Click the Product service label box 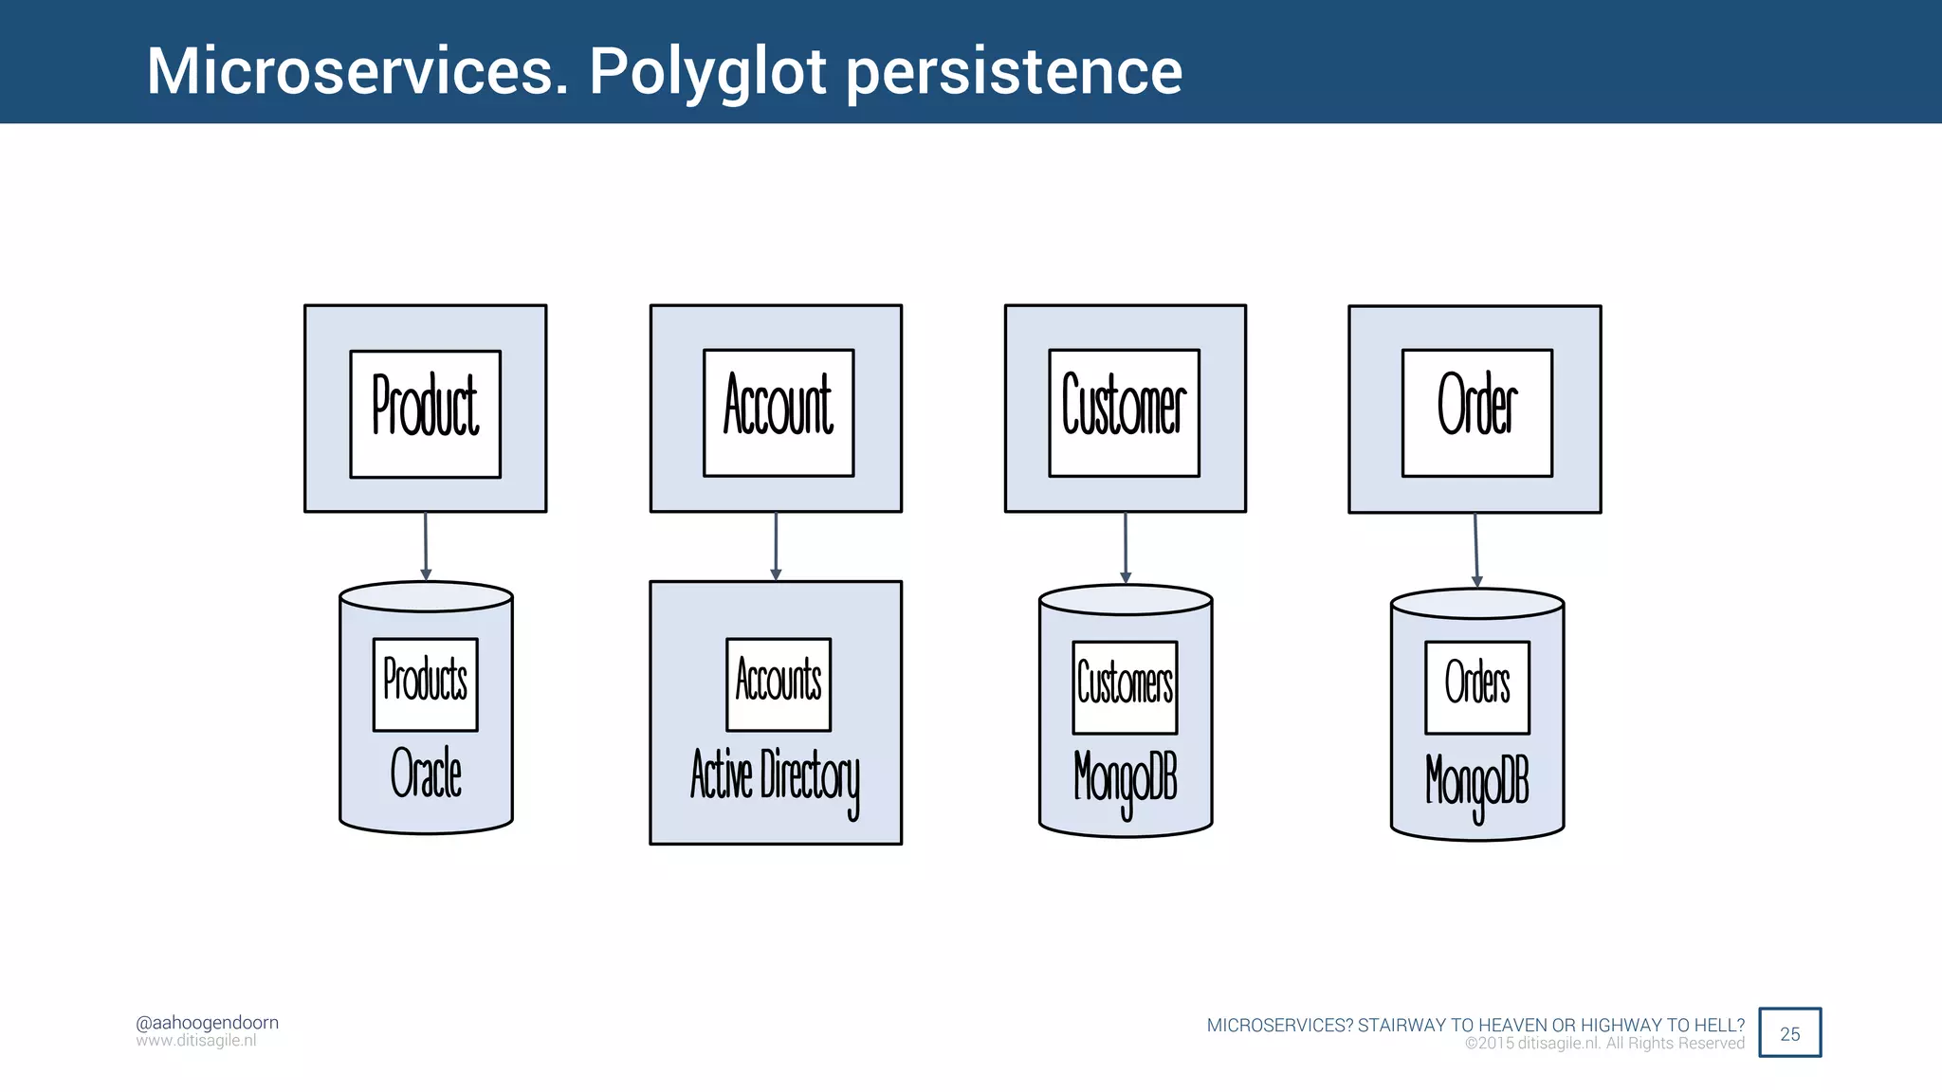pos(425,413)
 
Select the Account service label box pos(778,412)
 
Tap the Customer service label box pos(1124,412)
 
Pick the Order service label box pos(1476,412)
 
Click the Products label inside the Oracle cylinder pos(425,683)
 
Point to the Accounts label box pos(778,683)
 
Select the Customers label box pos(1125,686)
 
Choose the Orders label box pos(1476,686)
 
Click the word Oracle pos(426,773)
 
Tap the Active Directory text pos(775,777)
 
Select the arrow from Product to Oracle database pos(426,546)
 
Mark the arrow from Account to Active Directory pos(776,546)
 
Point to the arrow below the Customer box pos(1126,548)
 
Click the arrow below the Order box pos(1475,550)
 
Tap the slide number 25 pos(1789,1033)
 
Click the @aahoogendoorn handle pos(207,1022)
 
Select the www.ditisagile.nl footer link pos(195,1041)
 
